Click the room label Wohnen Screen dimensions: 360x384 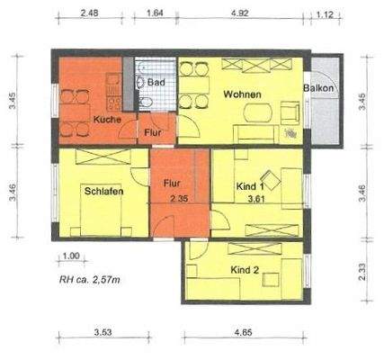(243, 94)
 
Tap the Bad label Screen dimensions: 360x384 (156, 81)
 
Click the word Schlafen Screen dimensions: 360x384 (104, 191)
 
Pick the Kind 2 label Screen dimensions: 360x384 (245, 270)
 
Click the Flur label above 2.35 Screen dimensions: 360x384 (174, 184)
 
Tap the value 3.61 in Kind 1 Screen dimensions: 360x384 (259, 199)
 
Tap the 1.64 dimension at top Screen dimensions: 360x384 (154, 13)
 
